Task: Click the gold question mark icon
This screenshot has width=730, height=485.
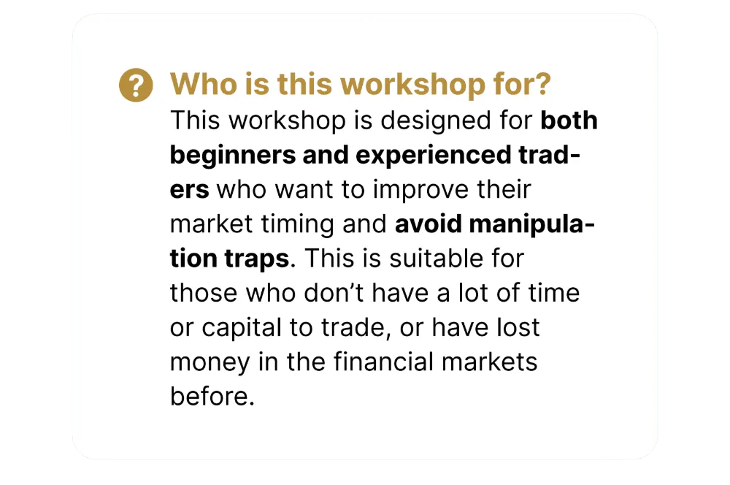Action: pos(136,85)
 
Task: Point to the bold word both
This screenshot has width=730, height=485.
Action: pos(569,121)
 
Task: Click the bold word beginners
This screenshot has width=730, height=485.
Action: pos(233,156)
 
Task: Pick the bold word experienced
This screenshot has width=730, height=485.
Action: pos(434,156)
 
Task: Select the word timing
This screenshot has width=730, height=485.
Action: pos(298,224)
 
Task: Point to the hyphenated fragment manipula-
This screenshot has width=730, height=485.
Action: pos(532,224)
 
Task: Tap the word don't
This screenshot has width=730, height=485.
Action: pos(334,293)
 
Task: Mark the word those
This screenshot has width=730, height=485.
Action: pos(204,293)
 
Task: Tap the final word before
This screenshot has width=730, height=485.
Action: pos(212,396)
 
